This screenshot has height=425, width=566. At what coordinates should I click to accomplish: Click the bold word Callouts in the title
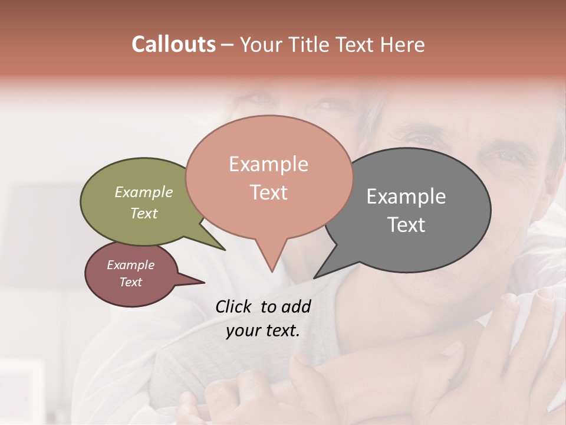[173, 44]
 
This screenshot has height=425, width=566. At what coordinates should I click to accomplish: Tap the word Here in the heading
[402, 44]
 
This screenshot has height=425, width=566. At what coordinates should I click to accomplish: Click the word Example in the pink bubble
[268, 164]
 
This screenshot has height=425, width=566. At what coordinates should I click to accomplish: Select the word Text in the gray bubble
[406, 225]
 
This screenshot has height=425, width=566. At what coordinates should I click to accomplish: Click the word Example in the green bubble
[144, 192]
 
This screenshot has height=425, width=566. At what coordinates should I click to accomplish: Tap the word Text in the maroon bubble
[131, 282]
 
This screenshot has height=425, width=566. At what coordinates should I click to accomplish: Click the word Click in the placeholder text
[234, 306]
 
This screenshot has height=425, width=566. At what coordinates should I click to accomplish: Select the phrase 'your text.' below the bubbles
[263, 331]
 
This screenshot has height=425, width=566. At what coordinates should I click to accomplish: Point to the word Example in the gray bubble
[406, 197]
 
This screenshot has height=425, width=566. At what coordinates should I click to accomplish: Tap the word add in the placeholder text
[295, 306]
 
